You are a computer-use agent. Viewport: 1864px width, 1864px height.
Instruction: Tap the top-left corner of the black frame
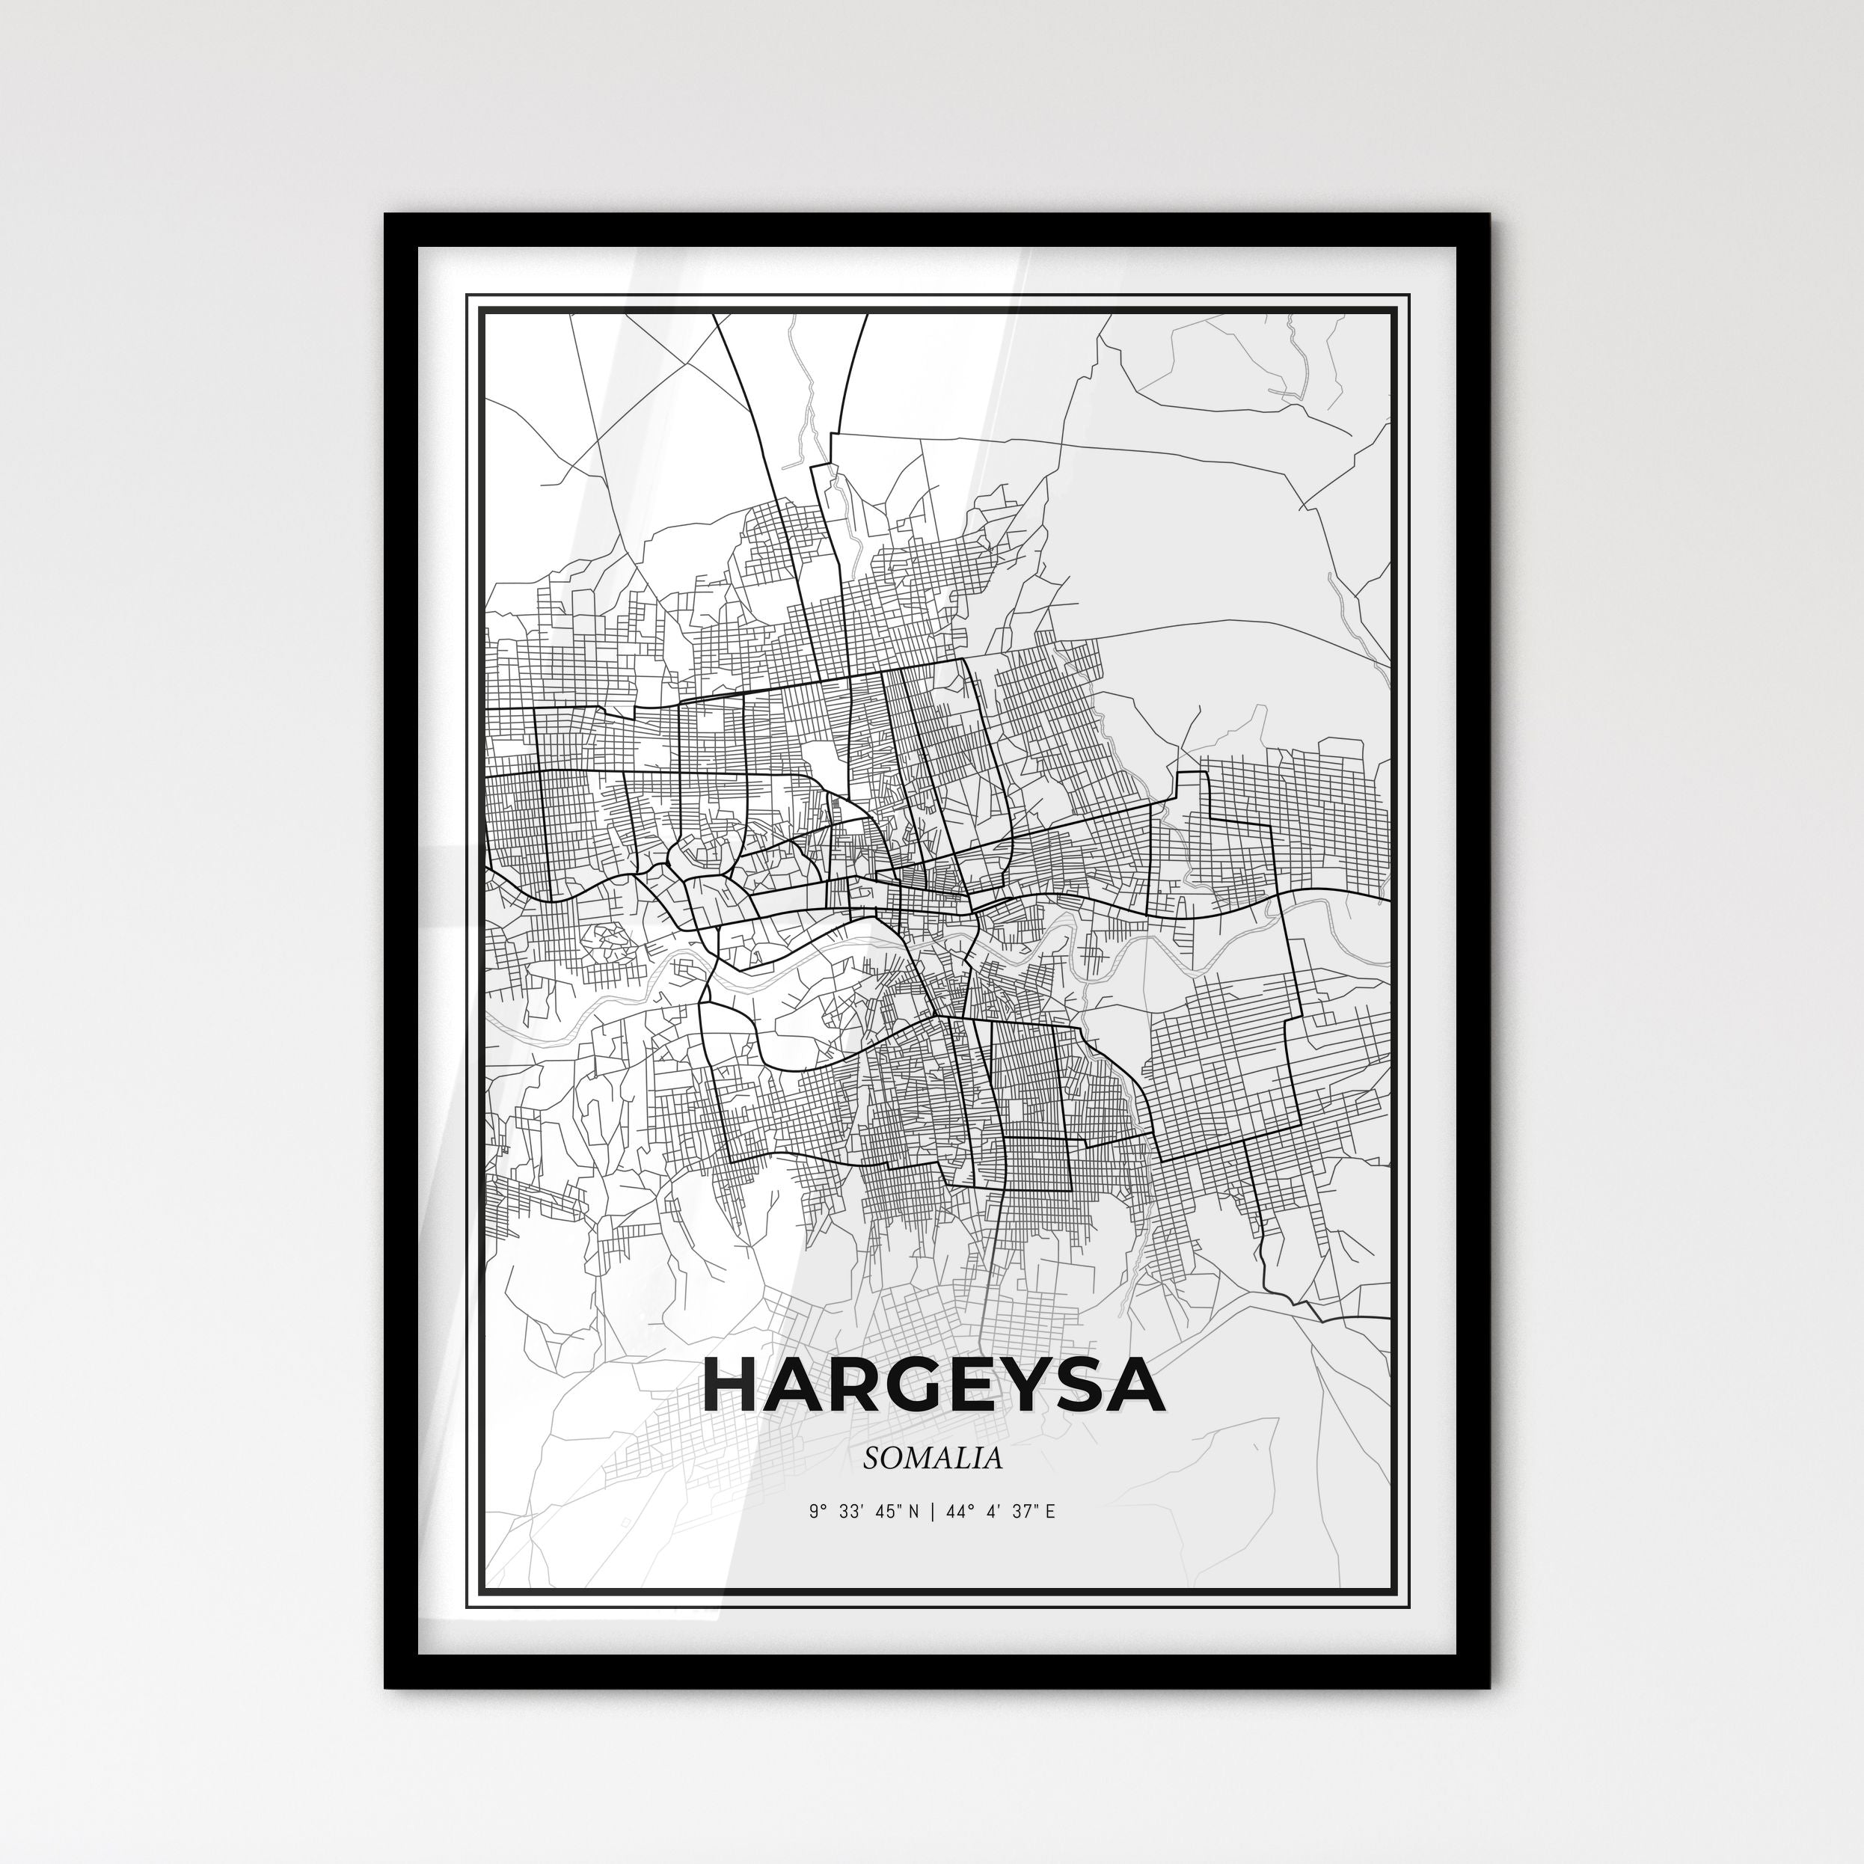click(386, 215)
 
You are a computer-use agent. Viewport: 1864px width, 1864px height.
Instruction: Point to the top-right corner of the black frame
click(1489, 215)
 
